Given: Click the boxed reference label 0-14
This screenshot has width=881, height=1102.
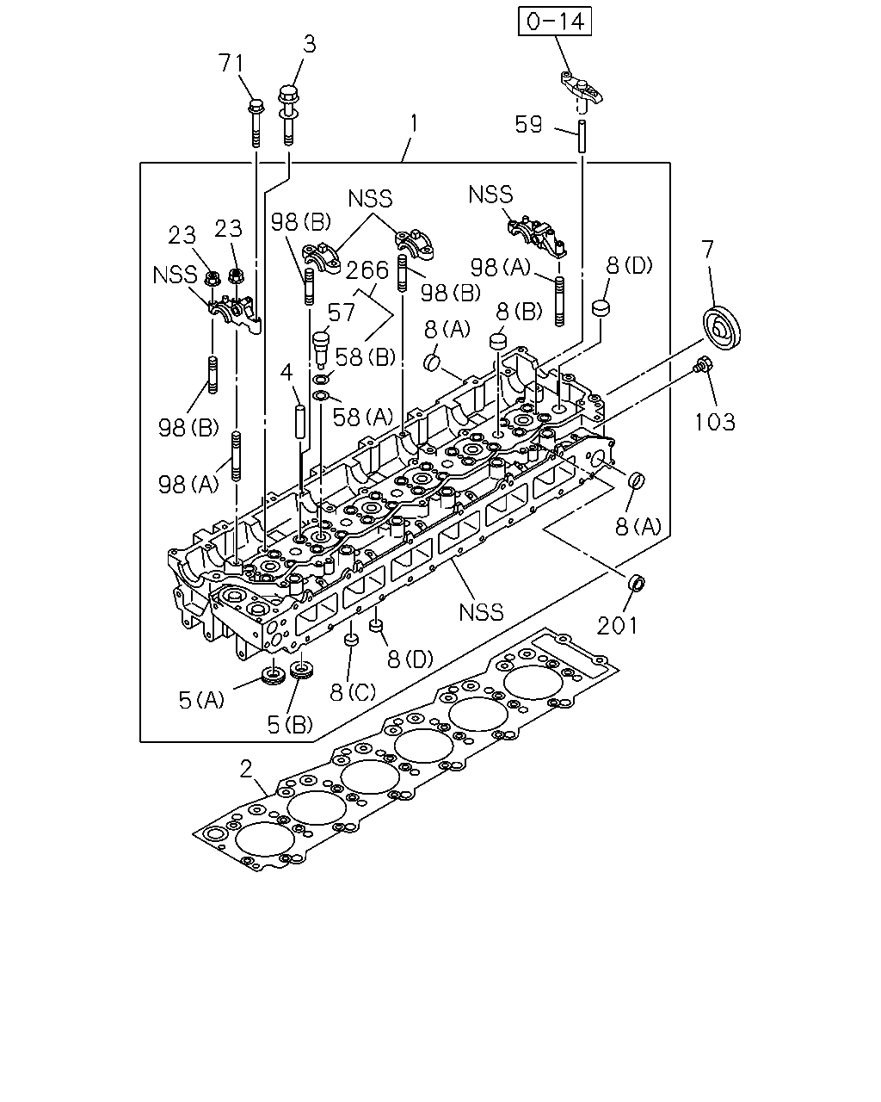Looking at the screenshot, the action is (555, 22).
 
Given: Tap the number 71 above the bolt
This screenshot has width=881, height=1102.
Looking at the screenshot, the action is (231, 64).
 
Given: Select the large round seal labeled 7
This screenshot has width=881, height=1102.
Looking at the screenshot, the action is (723, 329).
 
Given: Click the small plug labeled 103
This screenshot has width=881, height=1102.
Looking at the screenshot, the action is (701, 364).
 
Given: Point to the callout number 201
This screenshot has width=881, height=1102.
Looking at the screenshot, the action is (618, 626).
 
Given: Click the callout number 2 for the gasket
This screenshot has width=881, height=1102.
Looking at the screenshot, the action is (247, 769).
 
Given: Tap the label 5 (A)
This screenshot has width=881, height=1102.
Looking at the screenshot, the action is (201, 699).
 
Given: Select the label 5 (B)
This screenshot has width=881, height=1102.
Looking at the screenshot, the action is (289, 724).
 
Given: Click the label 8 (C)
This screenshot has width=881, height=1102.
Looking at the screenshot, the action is (353, 692).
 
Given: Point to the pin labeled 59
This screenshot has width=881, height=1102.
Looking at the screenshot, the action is (582, 136).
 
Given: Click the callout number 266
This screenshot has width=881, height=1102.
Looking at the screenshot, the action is (367, 269).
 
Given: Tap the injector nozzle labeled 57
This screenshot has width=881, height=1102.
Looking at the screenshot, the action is (321, 350).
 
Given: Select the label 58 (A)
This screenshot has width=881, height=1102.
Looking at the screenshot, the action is (363, 418).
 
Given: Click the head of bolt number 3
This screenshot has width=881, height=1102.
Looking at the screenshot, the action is (289, 96).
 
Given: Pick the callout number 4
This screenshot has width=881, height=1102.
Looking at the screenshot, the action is (286, 372).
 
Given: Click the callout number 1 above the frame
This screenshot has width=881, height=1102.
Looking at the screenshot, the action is (414, 125).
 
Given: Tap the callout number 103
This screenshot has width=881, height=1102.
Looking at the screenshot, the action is (715, 422).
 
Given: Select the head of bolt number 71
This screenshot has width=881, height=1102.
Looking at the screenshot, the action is (255, 106).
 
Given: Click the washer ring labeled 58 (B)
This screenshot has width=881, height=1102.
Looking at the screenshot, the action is (321, 380).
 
